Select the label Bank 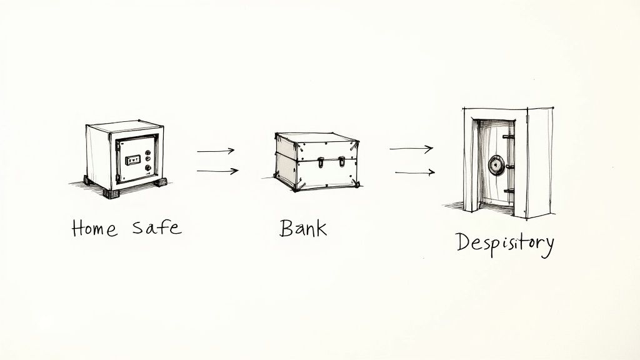303,227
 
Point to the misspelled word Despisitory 504,242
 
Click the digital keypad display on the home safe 133,161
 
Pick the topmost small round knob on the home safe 147,149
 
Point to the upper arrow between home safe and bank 216,151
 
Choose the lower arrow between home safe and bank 217,171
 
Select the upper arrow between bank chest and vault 411,149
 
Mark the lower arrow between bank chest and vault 414,172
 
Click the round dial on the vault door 496,165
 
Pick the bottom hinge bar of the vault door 509,191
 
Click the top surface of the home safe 125,127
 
